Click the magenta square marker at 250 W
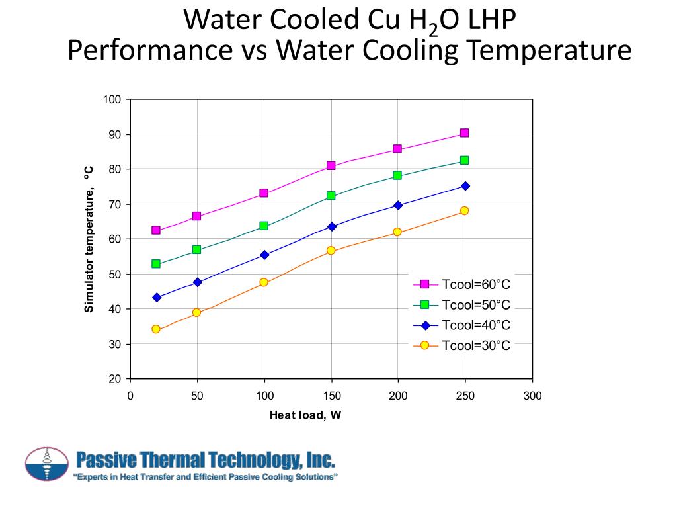[465, 133]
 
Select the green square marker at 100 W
[264, 226]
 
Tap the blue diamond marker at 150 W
[331, 226]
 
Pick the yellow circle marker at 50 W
[196, 312]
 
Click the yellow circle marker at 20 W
[156, 329]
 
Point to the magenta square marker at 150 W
[331, 165]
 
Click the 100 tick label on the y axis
[112, 99]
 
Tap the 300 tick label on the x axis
[532, 396]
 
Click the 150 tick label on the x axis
[331, 396]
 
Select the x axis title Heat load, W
[305, 415]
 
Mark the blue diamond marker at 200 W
[398, 205]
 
